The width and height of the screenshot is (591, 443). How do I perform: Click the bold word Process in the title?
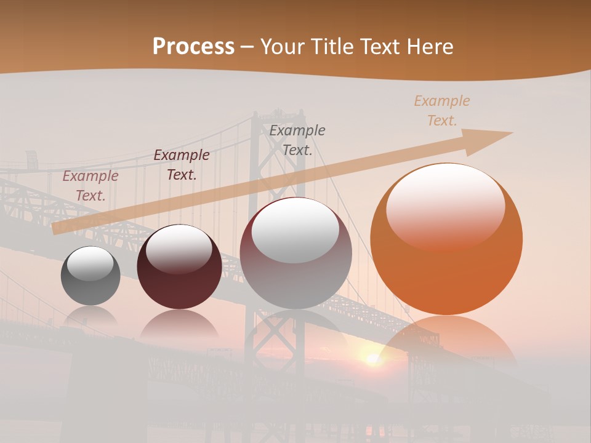[x=193, y=46]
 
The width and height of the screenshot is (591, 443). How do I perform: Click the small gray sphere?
[x=90, y=276]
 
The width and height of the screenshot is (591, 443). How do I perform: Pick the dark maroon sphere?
[x=179, y=266]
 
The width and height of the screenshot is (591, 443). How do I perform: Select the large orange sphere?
[x=446, y=239]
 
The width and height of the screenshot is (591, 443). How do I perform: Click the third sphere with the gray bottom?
[x=295, y=253]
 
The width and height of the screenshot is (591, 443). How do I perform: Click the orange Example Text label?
[x=442, y=111]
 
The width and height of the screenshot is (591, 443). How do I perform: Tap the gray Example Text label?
[x=297, y=140]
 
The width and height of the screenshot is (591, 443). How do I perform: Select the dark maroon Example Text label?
[x=182, y=165]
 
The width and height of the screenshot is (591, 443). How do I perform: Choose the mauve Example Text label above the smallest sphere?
[x=90, y=186]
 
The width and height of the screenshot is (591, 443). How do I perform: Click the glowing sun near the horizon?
[x=372, y=358]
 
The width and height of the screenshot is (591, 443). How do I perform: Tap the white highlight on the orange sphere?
[x=445, y=206]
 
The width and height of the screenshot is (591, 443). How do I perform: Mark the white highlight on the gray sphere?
[x=90, y=264]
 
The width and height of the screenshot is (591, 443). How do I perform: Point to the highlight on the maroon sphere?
[x=179, y=249]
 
